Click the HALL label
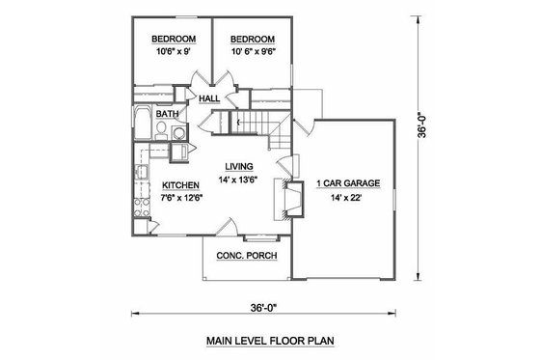click(209, 97)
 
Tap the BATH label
click(168, 114)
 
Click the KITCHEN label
click(180, 184)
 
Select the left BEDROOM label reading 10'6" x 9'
click(173, 40)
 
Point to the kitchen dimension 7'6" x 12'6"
click(180, 199)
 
